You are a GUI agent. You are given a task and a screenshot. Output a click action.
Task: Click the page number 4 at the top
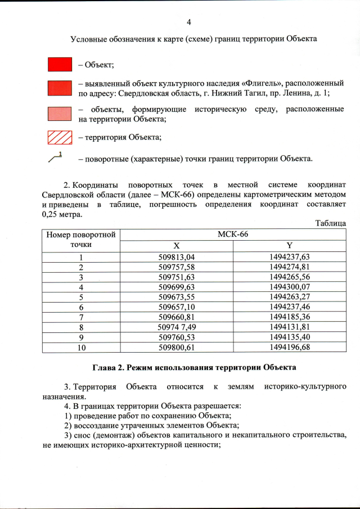[x=188, y=22]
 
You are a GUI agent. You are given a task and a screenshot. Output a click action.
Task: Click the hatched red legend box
[x=60, y=137]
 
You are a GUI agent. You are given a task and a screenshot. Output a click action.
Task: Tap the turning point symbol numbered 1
[x=55, y=158]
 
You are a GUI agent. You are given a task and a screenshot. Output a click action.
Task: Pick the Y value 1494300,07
[x=290, y=287]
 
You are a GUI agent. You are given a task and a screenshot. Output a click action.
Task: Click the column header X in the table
[x=177, y=245]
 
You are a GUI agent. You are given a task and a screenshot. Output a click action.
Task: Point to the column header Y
[x=289, y=245]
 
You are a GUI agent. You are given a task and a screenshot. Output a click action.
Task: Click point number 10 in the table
[x=81, y=348]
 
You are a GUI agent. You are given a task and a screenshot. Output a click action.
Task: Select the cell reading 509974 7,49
[x=177, y=327]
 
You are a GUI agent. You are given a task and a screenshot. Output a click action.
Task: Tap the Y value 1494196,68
[x=290, y=348]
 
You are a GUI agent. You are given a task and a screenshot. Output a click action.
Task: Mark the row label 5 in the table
[x=81, y=298]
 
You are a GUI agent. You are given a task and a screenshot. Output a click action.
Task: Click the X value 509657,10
[x=177, y=308]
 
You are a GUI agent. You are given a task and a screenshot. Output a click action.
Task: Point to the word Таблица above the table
[x=330, y=223]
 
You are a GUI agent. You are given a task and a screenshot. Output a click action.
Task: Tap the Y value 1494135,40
[x=290, y=337]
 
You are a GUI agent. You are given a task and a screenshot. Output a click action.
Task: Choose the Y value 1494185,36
[x=290, y=318]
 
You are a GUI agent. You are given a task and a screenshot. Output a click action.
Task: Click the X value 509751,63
[x=177, y=277]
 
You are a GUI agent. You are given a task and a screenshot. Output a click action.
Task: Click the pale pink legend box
[x=60, y=112]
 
